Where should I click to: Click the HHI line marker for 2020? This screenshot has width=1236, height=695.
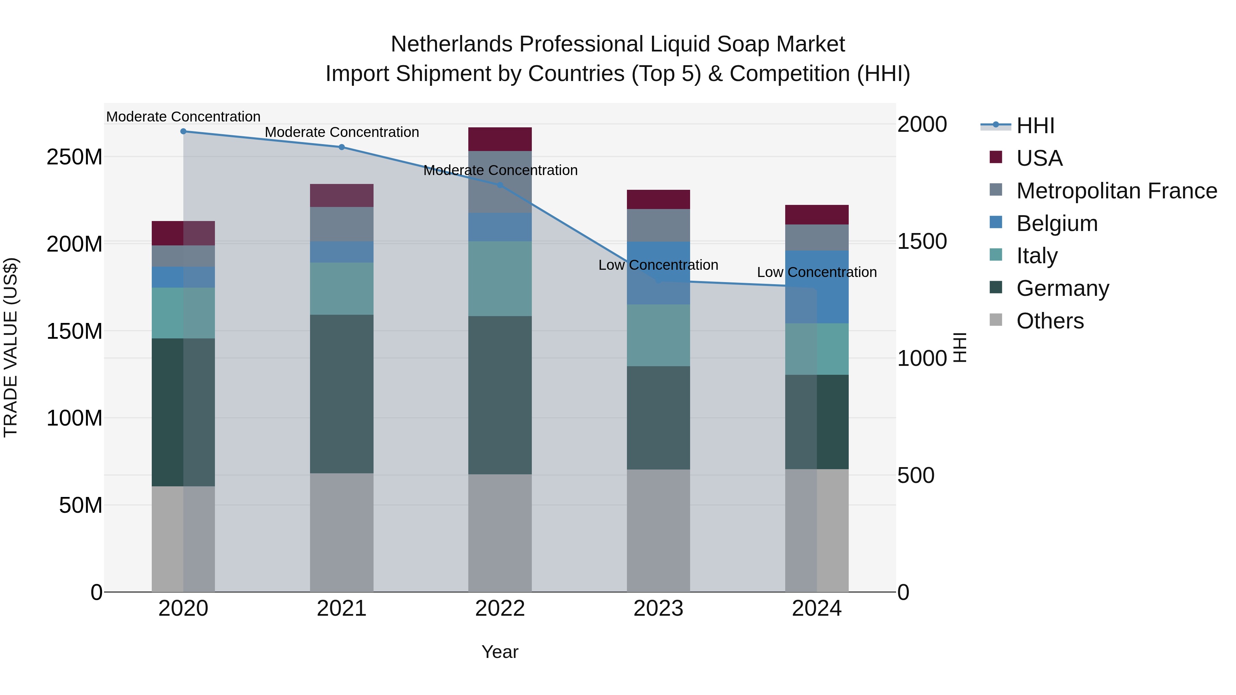[x=183, y=131]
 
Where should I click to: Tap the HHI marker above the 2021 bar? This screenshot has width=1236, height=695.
[x=342, y=147]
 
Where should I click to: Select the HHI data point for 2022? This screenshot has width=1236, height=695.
[x=500, y=185]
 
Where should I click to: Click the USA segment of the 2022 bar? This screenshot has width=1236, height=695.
[x=500, y=139]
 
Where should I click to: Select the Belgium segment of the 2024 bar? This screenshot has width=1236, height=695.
[x=817, y=287]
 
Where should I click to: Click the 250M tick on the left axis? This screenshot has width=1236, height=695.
[x=75, y=157]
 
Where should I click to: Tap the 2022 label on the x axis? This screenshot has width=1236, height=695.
[x=500, y=609]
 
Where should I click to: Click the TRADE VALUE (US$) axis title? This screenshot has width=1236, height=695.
[x=11, y=347]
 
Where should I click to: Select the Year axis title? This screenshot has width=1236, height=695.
[x=500, y=652]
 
